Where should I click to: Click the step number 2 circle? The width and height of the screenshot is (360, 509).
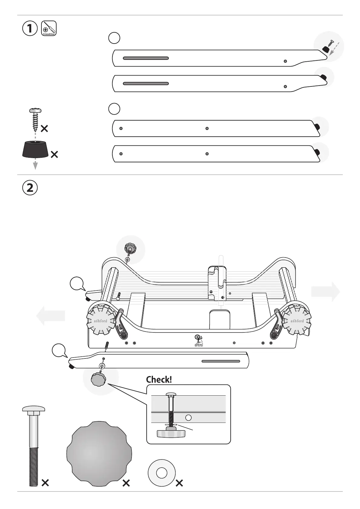click(30, 188)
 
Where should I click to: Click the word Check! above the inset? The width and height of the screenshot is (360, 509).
click(159, 380)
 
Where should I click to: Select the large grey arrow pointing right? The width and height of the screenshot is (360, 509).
click(326, 292)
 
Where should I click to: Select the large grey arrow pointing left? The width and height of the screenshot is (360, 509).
click(50, 316)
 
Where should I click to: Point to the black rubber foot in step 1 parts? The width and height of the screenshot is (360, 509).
click(35, 149)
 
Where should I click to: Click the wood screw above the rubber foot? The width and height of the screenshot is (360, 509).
click(35, 120)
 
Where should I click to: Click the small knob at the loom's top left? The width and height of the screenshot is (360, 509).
click(130, 250)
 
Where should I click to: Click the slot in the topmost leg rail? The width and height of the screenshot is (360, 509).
click(146, 58)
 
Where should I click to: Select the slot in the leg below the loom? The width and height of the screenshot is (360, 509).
click(221, 361)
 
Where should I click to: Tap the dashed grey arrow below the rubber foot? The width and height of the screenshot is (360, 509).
click(35, 165)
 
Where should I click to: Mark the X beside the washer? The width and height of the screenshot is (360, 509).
click(179, 483)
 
